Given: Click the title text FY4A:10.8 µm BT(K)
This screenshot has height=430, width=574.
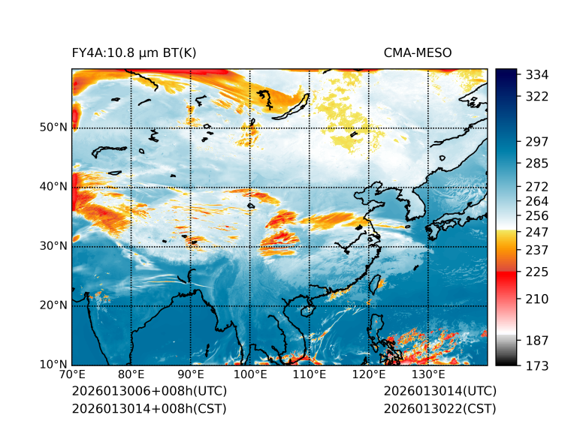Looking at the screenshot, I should pyautogui.click(x=134, y=53).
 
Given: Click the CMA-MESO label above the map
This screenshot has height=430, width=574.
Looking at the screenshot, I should pyautogui.click(x=418, y=53).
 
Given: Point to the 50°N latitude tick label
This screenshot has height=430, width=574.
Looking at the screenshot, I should pyautogui.click(x=53, y=128).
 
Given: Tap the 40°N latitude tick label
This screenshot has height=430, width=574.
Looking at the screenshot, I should pyautogui.click(x=53, y=187).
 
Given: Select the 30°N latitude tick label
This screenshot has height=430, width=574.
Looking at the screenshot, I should pyautogui.click(x=53, y=246).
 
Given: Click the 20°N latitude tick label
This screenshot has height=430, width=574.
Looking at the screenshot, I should pyautogui.click(x=53, y=305).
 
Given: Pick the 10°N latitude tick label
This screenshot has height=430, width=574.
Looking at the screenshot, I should pyautogui.click(x=53, y=365).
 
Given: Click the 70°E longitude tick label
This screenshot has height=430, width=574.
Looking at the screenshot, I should pyautogui.click(x=72, y=374).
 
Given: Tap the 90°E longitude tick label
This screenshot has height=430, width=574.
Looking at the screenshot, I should pyautogui.click(x=191, y=374).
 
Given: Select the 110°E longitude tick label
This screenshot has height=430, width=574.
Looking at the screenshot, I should pyautogui.click(x=310, y=374).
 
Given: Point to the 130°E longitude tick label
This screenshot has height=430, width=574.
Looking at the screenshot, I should pyautogui.click(x=428, y=374).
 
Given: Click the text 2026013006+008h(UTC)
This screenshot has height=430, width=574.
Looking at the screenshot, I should pyautogui.click(x=149, y=392).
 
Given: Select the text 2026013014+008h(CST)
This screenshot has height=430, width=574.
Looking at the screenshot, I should pyautogui.click(x=149, y=409).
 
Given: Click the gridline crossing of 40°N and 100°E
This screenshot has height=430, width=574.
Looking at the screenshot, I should pyautogui.click(x=250, y=187).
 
